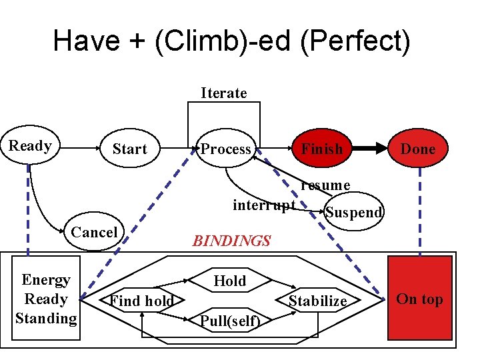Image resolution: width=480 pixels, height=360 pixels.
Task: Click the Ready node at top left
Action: click(x=30, y=146)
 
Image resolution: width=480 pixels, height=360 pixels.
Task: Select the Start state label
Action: click(x=129, y=149)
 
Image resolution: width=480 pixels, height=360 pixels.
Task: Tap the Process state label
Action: click(x=226, y=149)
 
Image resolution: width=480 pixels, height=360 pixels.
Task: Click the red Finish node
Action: click(x=321, y=148)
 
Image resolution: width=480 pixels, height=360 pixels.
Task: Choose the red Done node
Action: click(x=418, y=149)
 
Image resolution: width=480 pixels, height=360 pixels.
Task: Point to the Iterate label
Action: click(x=224, y=93)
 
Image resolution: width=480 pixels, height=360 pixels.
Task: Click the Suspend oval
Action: click(x=353, y=212)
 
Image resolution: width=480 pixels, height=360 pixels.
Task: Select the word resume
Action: click(x=325, y=185)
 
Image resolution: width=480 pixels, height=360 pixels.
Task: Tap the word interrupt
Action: click(x=264, y=204)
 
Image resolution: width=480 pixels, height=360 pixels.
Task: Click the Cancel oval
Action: click(x=94, y=231)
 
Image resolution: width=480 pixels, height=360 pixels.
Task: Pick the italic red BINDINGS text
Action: click(x=231, y=241)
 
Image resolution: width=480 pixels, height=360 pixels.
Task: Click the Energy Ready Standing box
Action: click(x=46, y=299)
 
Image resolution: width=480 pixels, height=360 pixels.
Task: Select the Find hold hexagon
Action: click(x=142, y=301)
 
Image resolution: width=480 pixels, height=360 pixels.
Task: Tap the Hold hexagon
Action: click(x=230, y=281)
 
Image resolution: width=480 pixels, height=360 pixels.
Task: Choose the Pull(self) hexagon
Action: click(x=230, y=321)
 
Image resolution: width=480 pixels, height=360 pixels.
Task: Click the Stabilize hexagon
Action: click(x=318, y=301)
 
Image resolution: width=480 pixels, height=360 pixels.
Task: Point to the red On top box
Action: click(x=419, y=299)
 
